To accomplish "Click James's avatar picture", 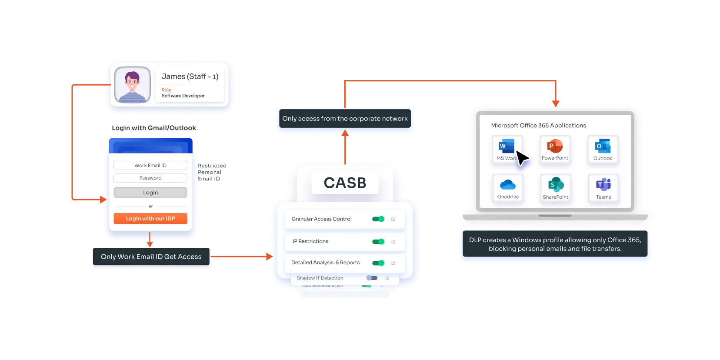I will (x=132, y=85).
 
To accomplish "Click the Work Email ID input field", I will (x=150, y=165).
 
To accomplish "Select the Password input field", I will (x=150, y=178).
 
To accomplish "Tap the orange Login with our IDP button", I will (x=150, y=218).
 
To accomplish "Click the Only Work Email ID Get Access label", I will (x=151, y=257).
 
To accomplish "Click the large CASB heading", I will (x=345, y=183).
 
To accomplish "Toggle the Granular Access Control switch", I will (x=378, y=219).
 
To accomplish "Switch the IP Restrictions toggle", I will (x=378, y=241).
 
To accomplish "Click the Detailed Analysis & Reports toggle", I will (x=378, y=263).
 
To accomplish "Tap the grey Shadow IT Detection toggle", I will (x=372, y=278).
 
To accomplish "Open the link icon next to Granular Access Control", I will (x=393, y=219).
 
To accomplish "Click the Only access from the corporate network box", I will (x=345, y=119).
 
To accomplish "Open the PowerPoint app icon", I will (x=555, y=147).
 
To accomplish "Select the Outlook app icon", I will (x=603, y=147).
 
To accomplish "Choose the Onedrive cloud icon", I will (x=508, y=185).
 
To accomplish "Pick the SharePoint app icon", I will (x=555, y=185).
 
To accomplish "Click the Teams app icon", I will (x=603, y=185).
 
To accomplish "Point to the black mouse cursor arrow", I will (x=522, y=158).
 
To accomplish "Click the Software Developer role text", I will (x=183, y=96).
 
